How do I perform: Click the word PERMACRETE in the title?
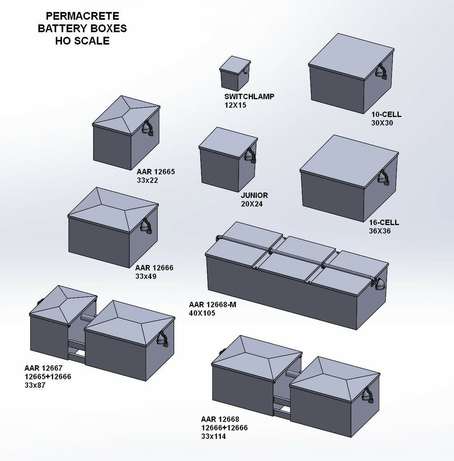pyautogui.click(x=82, y=16)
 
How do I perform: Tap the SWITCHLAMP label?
pyautogui.click(x=249, y=97)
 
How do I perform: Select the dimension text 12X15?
pyautogui.click(x=235, y=105)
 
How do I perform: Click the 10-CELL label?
pyautogui.click(x=386, y=114)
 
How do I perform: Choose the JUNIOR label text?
pyautogui.click(x=254, y=195)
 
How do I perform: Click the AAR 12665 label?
pyautogui.click(x=156, y=172)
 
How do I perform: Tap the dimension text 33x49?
pyautogui.click(x=146, y=276)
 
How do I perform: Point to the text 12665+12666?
pyautogui.click(x=48, y=376)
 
